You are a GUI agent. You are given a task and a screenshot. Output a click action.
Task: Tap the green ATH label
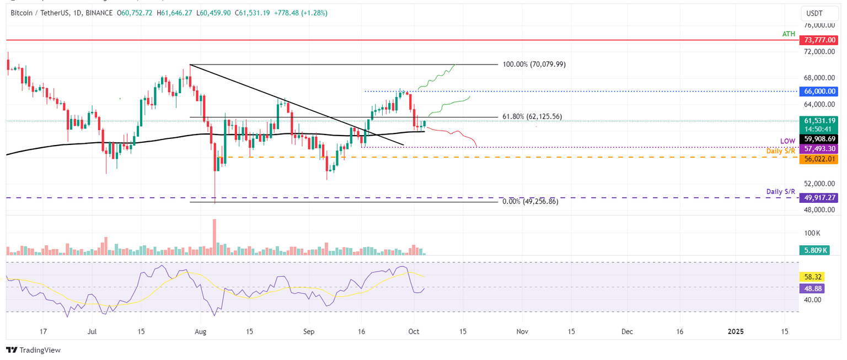click(789, 34)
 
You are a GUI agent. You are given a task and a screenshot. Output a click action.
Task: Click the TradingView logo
click(33, 350)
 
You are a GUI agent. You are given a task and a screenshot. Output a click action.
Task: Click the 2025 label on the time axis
click(735, 331)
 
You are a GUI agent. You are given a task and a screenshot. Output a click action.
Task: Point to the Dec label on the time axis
click(626, 331)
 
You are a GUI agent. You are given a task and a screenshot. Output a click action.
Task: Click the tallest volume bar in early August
click(215, 237)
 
